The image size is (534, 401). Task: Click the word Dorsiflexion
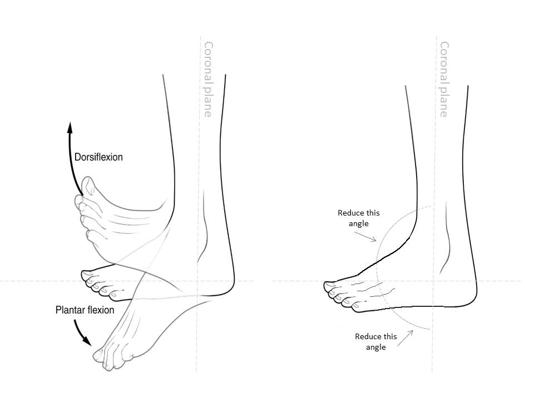tap(98, 157)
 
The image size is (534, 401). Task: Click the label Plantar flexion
tap(85, 310)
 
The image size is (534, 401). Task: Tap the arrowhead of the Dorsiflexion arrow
tap(70, 126)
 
